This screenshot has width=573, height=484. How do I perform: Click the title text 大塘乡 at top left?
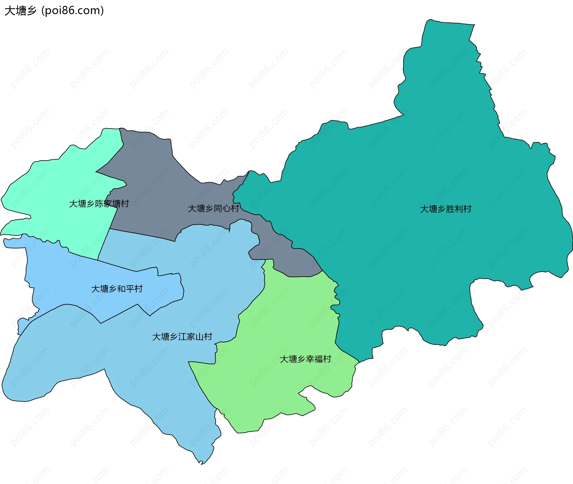coord(20,11)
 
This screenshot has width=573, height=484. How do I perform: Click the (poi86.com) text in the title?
coord(73,11)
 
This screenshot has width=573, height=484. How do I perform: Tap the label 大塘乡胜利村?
coord(446,209)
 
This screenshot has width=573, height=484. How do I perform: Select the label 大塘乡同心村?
coord(213,208)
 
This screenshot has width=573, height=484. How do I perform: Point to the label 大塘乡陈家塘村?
coord(99,204)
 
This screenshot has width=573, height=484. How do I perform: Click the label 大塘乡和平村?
coord(117,289)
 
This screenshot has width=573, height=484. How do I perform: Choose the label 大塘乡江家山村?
coord(182,337)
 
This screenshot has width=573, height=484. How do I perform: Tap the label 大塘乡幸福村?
coord(305,359)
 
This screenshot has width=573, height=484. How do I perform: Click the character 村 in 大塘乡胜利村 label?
coord(467,209)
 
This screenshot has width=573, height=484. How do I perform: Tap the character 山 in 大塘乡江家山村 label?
coord(199,337)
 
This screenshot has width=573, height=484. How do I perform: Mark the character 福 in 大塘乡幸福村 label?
coord(318,359)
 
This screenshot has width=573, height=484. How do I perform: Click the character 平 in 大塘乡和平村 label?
coord(130,289)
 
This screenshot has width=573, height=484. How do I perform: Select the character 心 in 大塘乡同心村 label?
coord(226,208)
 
